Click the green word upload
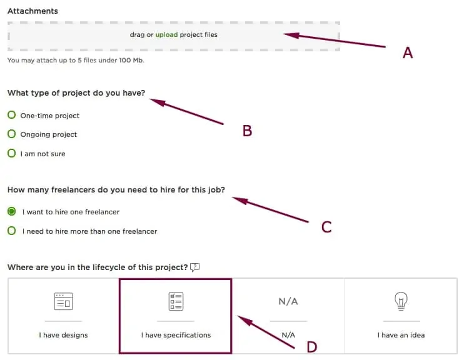[166, 34]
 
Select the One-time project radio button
[11, 115]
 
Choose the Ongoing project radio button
[11, 134]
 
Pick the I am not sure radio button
[11, 153]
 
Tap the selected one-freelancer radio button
[11, 211]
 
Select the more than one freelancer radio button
[11, 231]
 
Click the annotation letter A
[408, 53]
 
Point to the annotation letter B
[247, 131]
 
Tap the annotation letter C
[326, 227]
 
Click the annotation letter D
[312, 347]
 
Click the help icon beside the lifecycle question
[194, 267]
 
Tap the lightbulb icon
[401, 301]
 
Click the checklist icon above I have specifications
[176, 301]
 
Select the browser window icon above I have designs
[63, 301]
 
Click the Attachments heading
[33, 11]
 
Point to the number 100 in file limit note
[125, 61]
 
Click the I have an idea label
[401, 335]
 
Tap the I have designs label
[63, 335]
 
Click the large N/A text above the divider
[288, 301]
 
